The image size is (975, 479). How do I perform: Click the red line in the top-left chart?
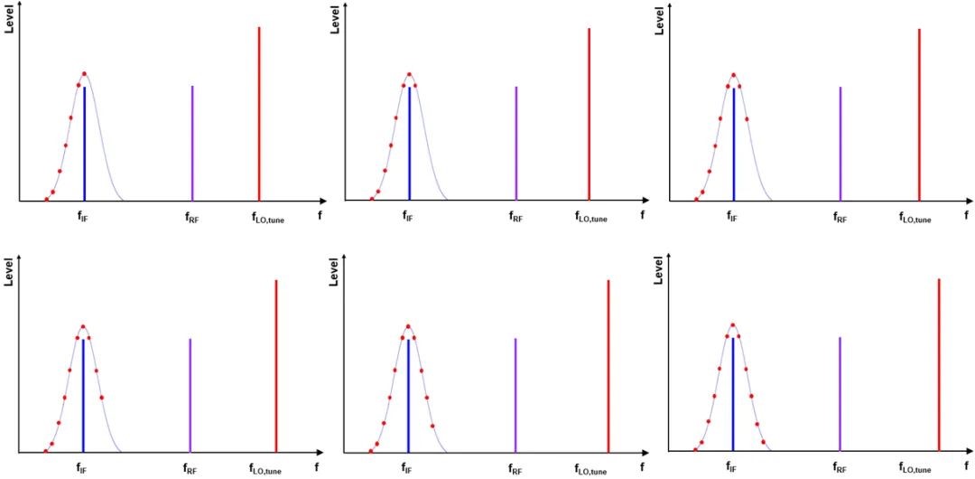[x=259, y=113]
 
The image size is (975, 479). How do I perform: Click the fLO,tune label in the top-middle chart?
[x=592, y=217]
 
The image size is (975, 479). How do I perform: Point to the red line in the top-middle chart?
[x=589, y=113]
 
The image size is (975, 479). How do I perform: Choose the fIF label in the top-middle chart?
[x=409, y=217]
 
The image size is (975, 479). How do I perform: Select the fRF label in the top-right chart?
[x=840, y=217]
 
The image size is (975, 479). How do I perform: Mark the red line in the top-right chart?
[x=919, y=113]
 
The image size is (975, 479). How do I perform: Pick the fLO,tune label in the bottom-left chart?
[x=266, y=469]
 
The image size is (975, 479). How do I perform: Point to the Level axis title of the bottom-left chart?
[x=9, y=273]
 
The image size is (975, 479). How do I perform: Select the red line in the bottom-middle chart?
[x=608, y=366]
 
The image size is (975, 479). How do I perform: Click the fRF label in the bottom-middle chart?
[x=515, y=469]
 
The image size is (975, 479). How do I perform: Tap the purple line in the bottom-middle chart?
[x=515, y=395]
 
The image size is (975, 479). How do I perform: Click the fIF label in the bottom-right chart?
[x=732, y=468]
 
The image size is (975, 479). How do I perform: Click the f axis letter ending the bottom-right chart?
[x=966, y=467]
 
